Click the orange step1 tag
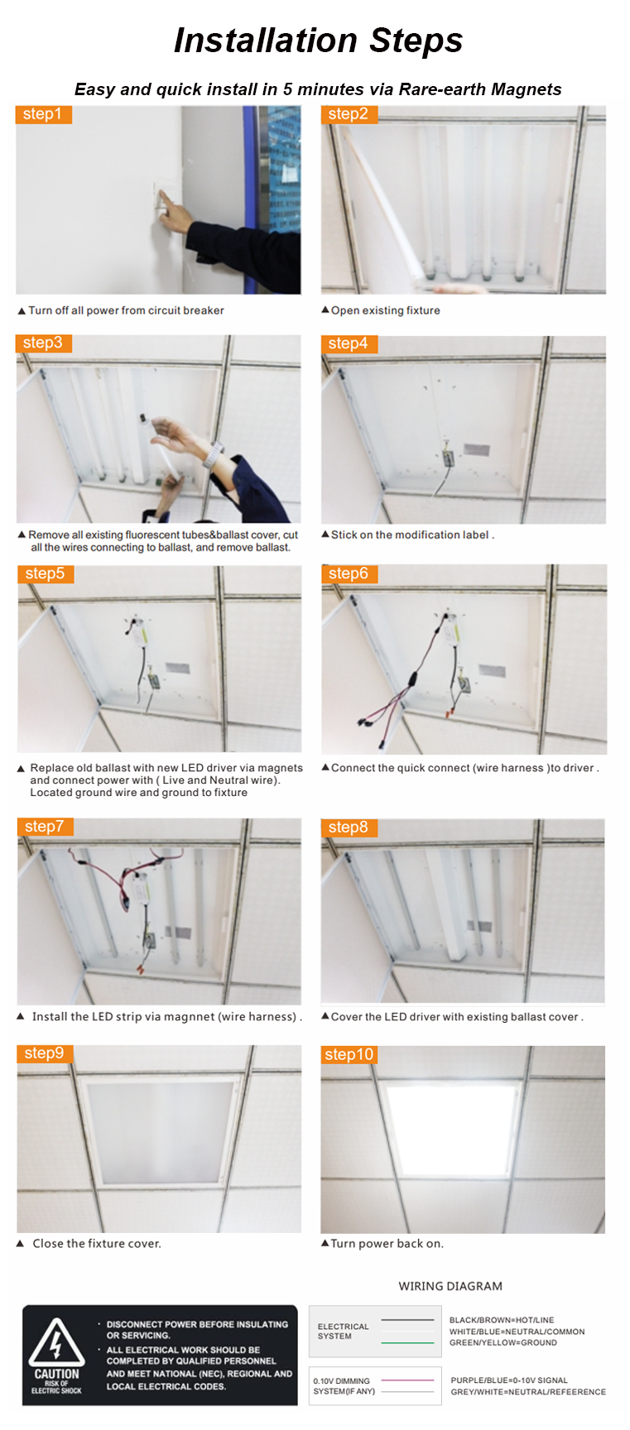(44, 114)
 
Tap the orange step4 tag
(349, 343)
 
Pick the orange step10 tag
(349, 1054)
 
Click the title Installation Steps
(318, 41)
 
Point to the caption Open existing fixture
(386, 310)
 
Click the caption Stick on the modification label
(410, 535)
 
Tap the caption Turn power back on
(387, 1243)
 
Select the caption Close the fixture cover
(97, 1243)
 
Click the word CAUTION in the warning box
(56, 1374)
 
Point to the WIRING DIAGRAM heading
(450, 1286)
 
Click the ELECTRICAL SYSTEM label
(343, 1331)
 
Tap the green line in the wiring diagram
(407, 1342)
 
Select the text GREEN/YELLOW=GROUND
(503, 1342)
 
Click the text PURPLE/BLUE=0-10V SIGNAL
(509, 1380)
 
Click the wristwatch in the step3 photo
(214, 454)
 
